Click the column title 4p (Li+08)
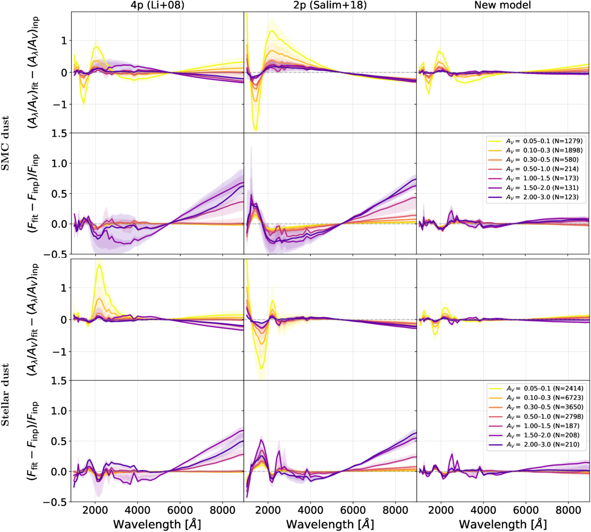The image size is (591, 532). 157,5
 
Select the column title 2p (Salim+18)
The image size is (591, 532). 330,5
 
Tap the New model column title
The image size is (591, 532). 503,5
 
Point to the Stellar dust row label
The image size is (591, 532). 5,395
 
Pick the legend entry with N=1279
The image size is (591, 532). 535,141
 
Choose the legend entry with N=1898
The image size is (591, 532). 535,151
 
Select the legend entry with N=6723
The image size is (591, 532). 536,398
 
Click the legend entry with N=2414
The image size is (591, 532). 536,388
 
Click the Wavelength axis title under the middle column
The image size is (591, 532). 330,524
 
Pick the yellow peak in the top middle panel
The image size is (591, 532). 271,31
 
